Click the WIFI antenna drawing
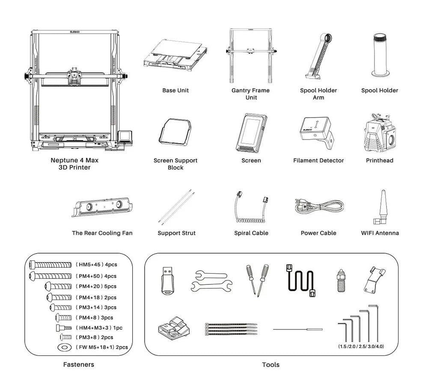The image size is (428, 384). coord(379,207)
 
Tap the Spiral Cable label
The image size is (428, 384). coord(251,233)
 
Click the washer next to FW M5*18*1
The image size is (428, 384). coord(64,347)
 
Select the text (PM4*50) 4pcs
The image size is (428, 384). coord(96,276)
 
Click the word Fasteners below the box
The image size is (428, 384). coord(78,365)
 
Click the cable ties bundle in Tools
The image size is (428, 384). coord(231,328)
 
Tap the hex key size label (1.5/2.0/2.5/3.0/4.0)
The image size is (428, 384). coord(361,346)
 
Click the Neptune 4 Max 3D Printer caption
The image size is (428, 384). coord(71,164)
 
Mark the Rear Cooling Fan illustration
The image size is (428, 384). coord(102,207)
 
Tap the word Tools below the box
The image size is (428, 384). coord(270,365)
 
